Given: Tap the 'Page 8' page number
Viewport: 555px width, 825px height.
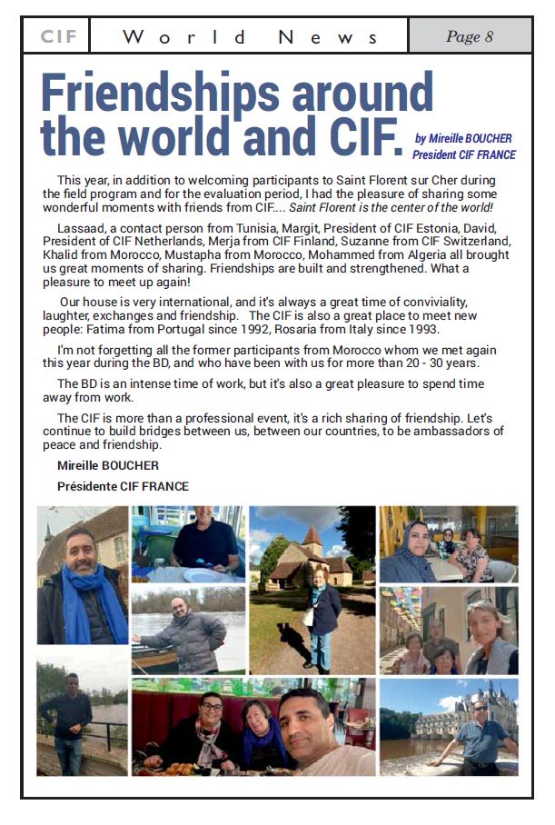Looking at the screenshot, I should (x=470, y=37).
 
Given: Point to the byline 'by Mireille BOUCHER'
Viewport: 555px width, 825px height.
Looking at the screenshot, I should (x=463, y=139).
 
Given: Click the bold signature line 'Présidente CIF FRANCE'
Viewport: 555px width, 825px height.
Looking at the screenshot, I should (x=123, y=486).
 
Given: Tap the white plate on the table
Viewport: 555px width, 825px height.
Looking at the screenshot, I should (x=202, y=574).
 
